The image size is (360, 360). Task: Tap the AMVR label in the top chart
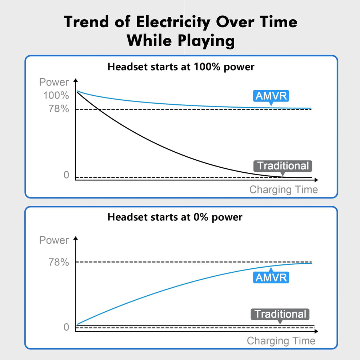pyautogui.click(x=271, y=96)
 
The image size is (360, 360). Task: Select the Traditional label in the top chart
pyautogui.click(x=283, y=166)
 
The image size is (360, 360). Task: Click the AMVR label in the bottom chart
pyautogui.click(x=271, y=277)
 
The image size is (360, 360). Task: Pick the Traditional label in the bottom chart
pyautogui.click(x=280, y=314)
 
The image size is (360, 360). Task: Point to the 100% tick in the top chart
pyautogui.click(x=56, y=96)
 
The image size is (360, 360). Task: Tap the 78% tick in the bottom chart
pyautogui.click(x=59, y=262)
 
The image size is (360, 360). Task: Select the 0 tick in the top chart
pyautogui.click(x=66, y=175)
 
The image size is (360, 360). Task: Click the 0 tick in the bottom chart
pyautogui.click(x=66, y=327)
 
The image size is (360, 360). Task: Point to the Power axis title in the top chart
pyautogui.click(x=54, y=82)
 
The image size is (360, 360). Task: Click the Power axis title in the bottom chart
pyautogui.click(x=54, y=240)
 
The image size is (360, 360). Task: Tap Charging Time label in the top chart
pyautogui.click(x=283, y=189)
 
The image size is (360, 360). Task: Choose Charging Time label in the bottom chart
pyautogui.click(x=281, y=341)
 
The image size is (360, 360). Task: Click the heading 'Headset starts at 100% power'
pyautogui.click(x=181, y=67)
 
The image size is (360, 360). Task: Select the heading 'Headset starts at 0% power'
pyautogui.click(x=175, y=217)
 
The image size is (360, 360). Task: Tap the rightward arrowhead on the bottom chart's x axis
pyautogui.click(x=316, y=331)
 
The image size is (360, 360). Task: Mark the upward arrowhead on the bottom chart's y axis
pyautogui.click(x=76, y=238)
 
